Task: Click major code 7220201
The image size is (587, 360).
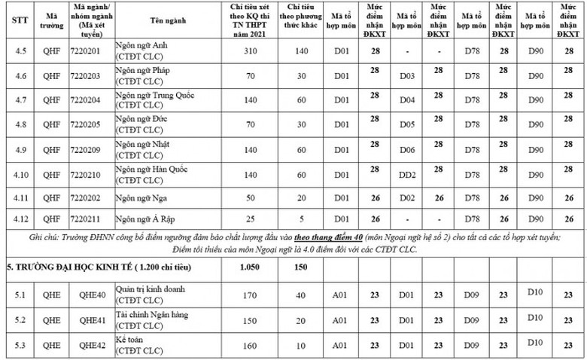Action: click(x=84, y=50)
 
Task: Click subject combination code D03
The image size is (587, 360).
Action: click(x=407, y=76)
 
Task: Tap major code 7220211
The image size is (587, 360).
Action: click(x=84, y=219)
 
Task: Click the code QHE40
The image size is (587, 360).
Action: click(x=84, y=294)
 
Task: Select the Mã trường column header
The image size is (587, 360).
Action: click(x=51, y=20)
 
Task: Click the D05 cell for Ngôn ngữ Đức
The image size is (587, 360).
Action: click(x=407, y=125)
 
